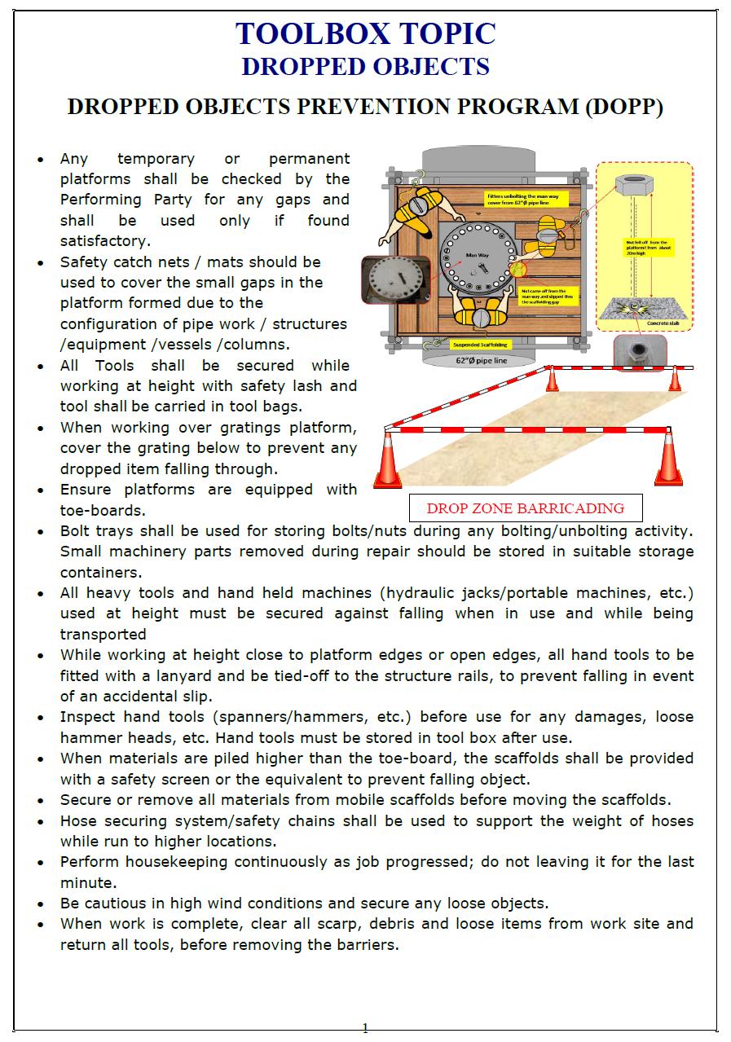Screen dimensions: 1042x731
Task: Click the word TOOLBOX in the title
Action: (x=307, y=33)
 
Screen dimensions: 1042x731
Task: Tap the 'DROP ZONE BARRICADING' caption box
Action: (x=525, y=508)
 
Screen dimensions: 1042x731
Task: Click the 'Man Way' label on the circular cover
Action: (x=477, y=256)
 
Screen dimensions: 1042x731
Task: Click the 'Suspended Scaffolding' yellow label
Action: (x=481, y=345)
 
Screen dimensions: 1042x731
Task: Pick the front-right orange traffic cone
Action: (x=669, y=458)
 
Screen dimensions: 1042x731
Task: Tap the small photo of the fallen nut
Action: (x=639, y=351)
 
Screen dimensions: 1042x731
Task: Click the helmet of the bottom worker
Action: (x=478, y=315)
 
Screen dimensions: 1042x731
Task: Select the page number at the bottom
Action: (x=365, y=1027)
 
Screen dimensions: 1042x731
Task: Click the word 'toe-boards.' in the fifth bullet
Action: (x=103, y=511)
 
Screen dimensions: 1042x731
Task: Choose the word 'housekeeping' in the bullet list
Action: (x=178, y=862)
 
